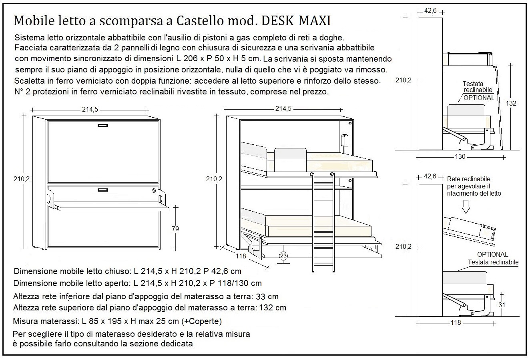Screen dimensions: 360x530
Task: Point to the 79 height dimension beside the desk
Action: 175,229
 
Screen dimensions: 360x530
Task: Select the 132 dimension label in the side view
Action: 511,103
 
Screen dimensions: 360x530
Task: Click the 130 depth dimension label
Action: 460,157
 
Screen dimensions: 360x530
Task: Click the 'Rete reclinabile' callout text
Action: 468,179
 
